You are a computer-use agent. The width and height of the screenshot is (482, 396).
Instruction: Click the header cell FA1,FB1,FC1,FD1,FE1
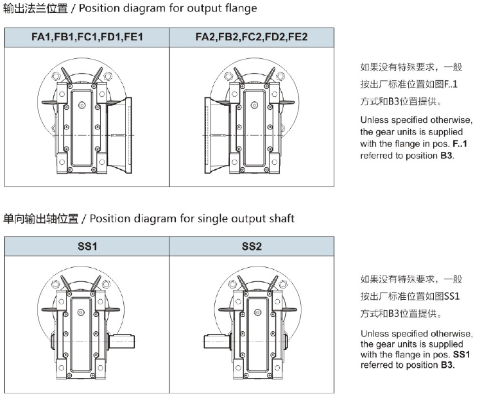pos(87,37)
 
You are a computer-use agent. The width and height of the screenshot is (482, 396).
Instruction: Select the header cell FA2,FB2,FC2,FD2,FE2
pos(251,37)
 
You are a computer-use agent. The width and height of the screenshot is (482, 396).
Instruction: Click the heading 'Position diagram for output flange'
pos(173,9)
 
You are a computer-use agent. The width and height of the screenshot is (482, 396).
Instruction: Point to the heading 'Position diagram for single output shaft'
pos(192,219)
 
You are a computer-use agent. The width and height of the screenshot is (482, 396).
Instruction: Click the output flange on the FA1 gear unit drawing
pos(121,136)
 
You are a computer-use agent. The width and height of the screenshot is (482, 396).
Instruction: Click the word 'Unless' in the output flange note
pos(375,120)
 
